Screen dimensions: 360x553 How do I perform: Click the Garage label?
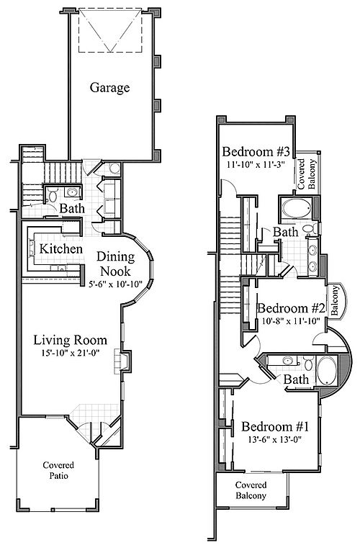(109, 87)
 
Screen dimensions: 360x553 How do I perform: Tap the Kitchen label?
(60, 248)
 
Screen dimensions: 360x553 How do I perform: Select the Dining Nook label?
(116, 264)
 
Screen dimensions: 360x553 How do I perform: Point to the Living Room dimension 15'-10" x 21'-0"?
(71, 352)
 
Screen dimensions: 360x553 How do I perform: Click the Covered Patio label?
(58, 470)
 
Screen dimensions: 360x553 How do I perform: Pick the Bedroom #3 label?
(256, 152)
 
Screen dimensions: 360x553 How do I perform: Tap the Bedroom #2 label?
(292, 308)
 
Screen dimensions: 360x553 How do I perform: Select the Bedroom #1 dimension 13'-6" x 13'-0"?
(275, 439)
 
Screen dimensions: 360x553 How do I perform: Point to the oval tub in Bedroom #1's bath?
(327, 371)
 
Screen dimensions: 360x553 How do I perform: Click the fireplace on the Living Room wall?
(122, 361)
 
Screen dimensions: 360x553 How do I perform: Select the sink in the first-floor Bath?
(72, 192)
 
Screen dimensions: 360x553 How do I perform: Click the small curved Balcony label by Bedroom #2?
(335, 300)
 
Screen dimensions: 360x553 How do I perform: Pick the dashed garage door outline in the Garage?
(110, 30)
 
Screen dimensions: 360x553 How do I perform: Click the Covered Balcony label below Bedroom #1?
(251, 490)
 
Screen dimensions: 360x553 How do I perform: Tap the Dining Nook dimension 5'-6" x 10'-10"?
(116, 284)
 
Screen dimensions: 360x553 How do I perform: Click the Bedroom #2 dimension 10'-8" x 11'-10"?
(292, 320)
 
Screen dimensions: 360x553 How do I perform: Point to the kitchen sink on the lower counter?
(58, 268)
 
